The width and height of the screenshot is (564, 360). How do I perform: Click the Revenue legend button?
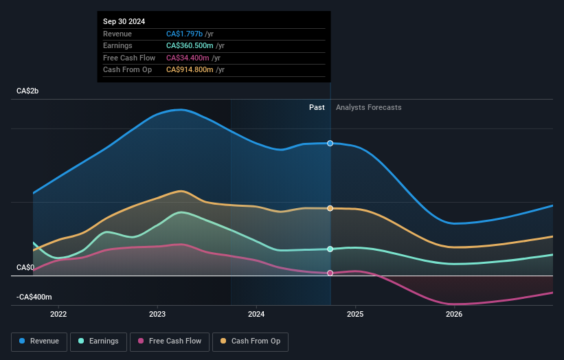tap(40, 341)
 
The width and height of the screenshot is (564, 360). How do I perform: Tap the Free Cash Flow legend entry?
tap(170, 341)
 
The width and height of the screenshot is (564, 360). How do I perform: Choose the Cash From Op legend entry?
tap(251, 341)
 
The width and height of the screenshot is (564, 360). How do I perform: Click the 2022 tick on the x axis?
tap(58, 315)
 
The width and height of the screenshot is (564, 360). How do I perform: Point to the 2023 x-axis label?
tap(157, 315)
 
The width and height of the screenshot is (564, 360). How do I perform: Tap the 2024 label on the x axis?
tap(256, 315)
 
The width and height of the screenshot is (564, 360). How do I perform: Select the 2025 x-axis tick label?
tap(355, 315)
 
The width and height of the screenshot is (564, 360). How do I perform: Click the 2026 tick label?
tap(454, 315)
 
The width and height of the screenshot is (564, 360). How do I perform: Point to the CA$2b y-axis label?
tap(28, 91)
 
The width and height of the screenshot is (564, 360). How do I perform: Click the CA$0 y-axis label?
tap(25, 267)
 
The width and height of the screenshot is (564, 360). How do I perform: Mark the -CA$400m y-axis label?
tap(34, 297)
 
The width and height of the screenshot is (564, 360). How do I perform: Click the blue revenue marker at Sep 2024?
tap(330, 143)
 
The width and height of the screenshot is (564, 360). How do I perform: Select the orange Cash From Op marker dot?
tap(330, 208)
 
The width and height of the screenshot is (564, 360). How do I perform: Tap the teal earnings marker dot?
tap(330, 249)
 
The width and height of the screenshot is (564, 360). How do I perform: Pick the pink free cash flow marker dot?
tap(330, 273)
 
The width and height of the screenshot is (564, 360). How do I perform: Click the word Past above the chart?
tap(317, 107)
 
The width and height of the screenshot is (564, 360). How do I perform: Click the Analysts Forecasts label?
tap(368, 107)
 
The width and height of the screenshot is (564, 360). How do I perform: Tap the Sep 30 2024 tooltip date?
tap(126, 21)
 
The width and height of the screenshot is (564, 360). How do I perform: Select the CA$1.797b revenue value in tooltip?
tap(185, 34)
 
